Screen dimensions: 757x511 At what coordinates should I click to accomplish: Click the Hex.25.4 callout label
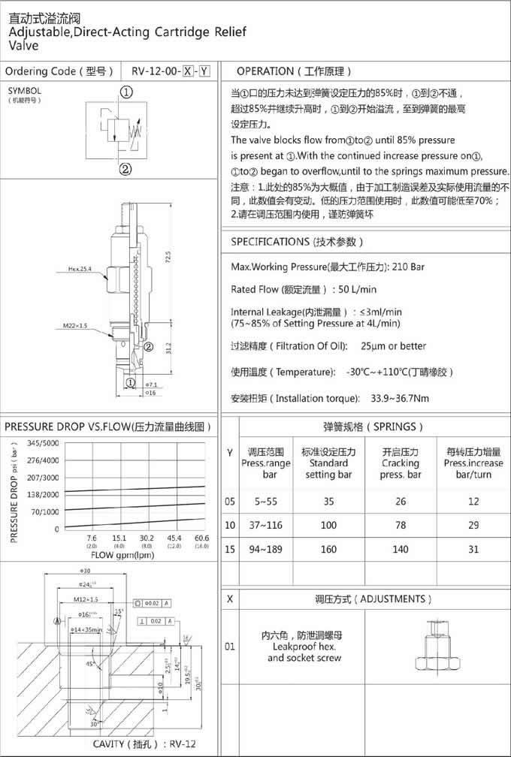(x=79, y=268)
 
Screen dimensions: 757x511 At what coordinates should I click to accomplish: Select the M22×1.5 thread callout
(x=76, y=326)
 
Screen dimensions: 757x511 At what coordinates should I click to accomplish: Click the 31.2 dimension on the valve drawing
(x=168, y=348)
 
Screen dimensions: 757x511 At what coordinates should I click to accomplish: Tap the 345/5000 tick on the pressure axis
(x=43, y=443)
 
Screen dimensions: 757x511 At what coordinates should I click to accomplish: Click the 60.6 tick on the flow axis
(x=201, y=538)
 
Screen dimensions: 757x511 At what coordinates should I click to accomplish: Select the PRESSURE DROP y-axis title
(x=15, y=492)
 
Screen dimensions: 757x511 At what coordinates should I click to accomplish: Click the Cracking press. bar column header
(x=401, y=463)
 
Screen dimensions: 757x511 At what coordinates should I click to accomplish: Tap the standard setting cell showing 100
(x=328, y=525)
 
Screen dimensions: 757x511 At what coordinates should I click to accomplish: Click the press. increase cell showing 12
(x=473, y=501)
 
